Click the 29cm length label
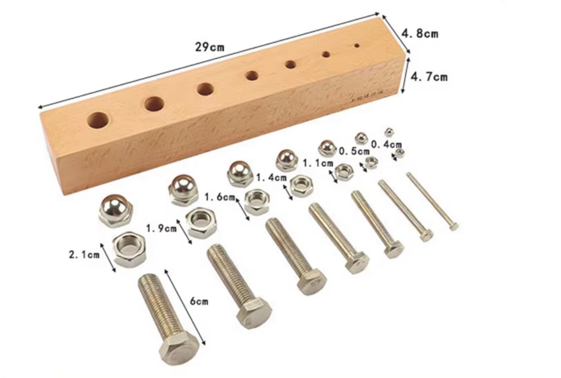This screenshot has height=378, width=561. (x=209, y=47)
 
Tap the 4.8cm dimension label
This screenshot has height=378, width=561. (x=419, y=34)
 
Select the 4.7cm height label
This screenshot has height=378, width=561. (x=429, y=76)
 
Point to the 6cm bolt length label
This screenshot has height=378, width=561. (x=198, y=301)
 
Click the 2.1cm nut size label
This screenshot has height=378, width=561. (x=84, y=255)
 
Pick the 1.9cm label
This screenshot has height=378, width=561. (x=161, y=228)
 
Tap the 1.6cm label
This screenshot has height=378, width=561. (x=220, y=197)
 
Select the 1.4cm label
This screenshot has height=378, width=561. (x=272, y=178)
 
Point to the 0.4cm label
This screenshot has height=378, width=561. (x=386, y=144)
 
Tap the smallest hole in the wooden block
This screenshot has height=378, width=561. (x=356, y=46)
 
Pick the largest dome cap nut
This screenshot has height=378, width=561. (x=115, y=209)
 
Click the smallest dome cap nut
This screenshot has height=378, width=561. (x=389, y=132)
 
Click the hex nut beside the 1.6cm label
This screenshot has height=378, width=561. (x=257, y=201)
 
